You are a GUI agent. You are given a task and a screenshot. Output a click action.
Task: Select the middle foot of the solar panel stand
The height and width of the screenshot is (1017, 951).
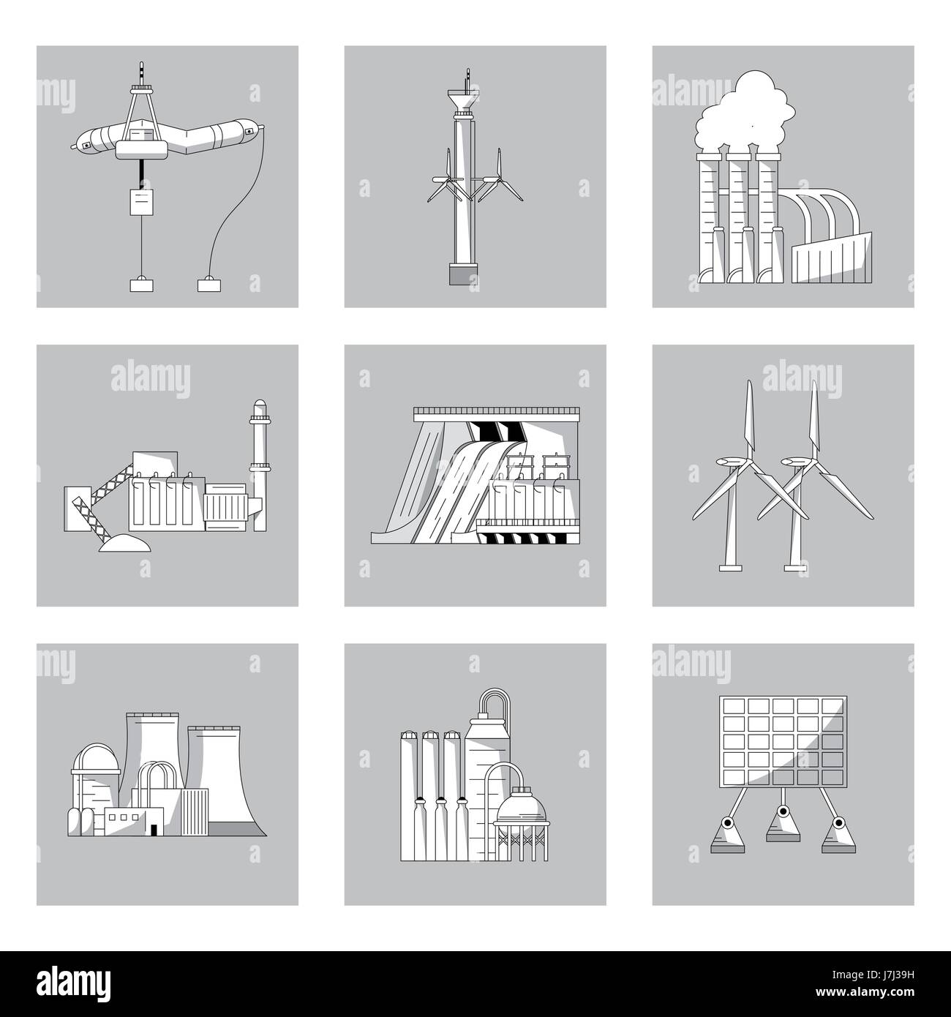pos(783,832)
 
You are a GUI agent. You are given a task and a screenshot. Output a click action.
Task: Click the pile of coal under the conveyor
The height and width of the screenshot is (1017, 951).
pos(125,543)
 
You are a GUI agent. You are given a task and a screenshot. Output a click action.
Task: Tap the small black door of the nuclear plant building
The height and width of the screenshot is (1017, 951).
pos(154,829)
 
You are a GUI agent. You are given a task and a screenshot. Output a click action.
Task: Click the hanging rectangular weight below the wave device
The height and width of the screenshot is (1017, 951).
pos(142,202)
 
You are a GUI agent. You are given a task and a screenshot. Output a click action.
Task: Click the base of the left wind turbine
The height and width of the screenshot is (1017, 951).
pos(730,567)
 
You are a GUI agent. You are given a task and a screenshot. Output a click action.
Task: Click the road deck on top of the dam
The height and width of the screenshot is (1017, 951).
pos(496,411)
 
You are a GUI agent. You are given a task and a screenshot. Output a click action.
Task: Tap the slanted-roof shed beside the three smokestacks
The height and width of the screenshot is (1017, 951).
pos(831,258)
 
